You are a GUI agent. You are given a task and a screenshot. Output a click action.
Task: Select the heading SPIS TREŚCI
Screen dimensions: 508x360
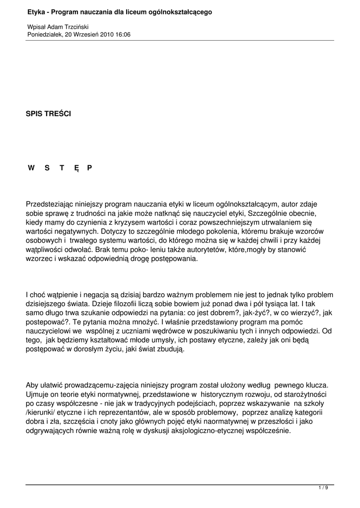click(x=48, y=114)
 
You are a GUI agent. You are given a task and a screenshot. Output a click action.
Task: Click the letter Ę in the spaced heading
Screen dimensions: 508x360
click(x=76, y=168)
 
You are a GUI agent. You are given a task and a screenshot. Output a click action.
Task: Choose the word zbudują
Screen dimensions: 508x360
click(x=169, y=350)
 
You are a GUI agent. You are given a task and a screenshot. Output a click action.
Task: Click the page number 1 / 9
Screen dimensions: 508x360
click(x=323, y=488)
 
